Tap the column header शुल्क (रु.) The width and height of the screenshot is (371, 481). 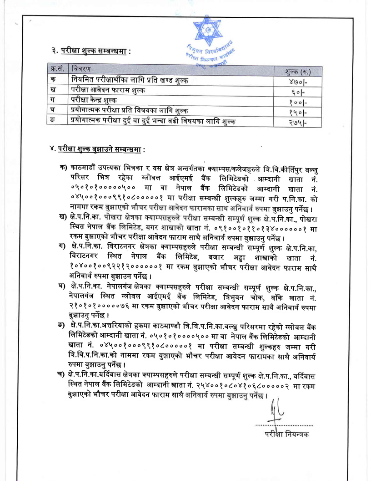click(298, 72)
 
